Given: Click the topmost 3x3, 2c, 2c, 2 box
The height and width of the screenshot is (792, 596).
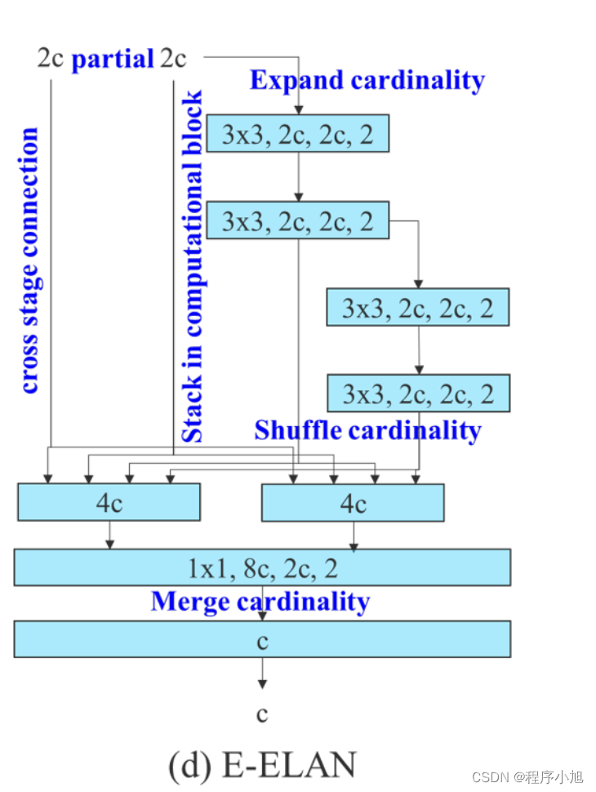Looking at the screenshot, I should [297, 133].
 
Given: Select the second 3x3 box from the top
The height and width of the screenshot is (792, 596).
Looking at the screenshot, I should [297, 220].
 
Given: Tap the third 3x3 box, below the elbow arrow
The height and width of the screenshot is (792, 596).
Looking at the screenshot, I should [417, 308].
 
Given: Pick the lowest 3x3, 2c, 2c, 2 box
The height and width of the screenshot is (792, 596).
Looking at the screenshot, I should [417, 394].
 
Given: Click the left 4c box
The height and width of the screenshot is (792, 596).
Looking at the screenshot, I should [109, 502].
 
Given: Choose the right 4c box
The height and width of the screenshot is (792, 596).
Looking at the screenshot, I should [353, 502].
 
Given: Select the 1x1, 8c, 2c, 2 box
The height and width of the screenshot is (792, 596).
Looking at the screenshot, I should [262, 567].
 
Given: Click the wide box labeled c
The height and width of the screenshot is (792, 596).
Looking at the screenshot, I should [262, 639].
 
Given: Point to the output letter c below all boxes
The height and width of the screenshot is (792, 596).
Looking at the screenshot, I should [262, 714].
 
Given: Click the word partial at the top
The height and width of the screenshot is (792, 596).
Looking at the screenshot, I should [113, 59].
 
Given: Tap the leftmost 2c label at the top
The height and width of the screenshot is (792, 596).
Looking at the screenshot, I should [51, 59].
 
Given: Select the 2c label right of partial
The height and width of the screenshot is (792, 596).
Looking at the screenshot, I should [173, 59].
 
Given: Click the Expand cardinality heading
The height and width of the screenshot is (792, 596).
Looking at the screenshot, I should [367, 80].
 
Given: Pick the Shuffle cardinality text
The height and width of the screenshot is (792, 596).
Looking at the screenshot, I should [367, 429].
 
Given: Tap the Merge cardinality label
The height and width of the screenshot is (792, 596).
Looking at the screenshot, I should [260, 602].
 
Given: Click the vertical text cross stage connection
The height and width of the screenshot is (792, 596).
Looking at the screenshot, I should [29, 260].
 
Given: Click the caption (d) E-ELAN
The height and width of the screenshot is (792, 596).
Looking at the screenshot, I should [262, 765].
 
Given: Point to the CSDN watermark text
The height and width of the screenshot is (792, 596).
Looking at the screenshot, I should [527, 776].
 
